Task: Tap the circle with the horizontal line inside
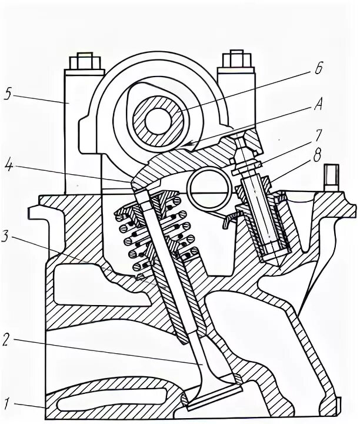point(209,189)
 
